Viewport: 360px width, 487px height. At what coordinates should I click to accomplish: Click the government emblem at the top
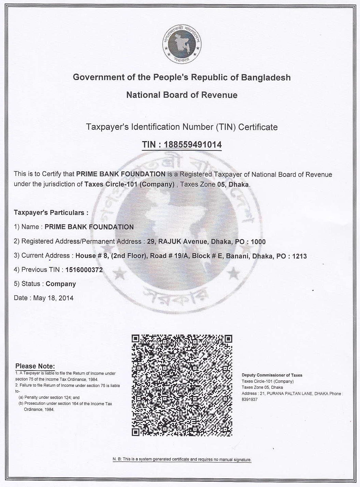tap(182, 44)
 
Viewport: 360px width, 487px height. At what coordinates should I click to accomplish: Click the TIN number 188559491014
tap(192, 145)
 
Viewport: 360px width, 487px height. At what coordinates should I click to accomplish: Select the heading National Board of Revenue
tap(182, 95)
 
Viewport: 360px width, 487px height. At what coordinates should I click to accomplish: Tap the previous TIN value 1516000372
tap(84, 270)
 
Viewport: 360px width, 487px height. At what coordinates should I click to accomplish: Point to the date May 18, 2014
tap(53, 298)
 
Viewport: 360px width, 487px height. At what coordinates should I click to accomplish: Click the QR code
tap(182, 385)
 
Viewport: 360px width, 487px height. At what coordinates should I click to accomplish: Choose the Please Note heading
tap(35, 366)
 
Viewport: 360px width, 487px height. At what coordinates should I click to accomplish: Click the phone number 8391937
tap(249, 399)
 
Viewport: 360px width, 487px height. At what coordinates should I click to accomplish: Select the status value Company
tap(61, 284)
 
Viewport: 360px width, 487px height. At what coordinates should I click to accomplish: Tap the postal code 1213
tap(299, 256)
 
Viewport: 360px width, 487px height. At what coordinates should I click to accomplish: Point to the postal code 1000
tap(258, 242)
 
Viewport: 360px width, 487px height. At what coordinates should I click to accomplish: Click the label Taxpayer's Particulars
tap(51, 212)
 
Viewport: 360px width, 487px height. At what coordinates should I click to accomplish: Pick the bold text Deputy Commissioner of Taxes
tap(272, 375)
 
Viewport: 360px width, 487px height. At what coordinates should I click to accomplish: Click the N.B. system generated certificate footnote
tap(182, 459)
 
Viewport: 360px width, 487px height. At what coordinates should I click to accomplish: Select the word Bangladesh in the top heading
tap(266, 77)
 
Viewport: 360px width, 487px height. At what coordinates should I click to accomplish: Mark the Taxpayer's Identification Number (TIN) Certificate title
tap(182, 127)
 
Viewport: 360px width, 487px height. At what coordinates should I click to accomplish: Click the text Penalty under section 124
tap(51, 397)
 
